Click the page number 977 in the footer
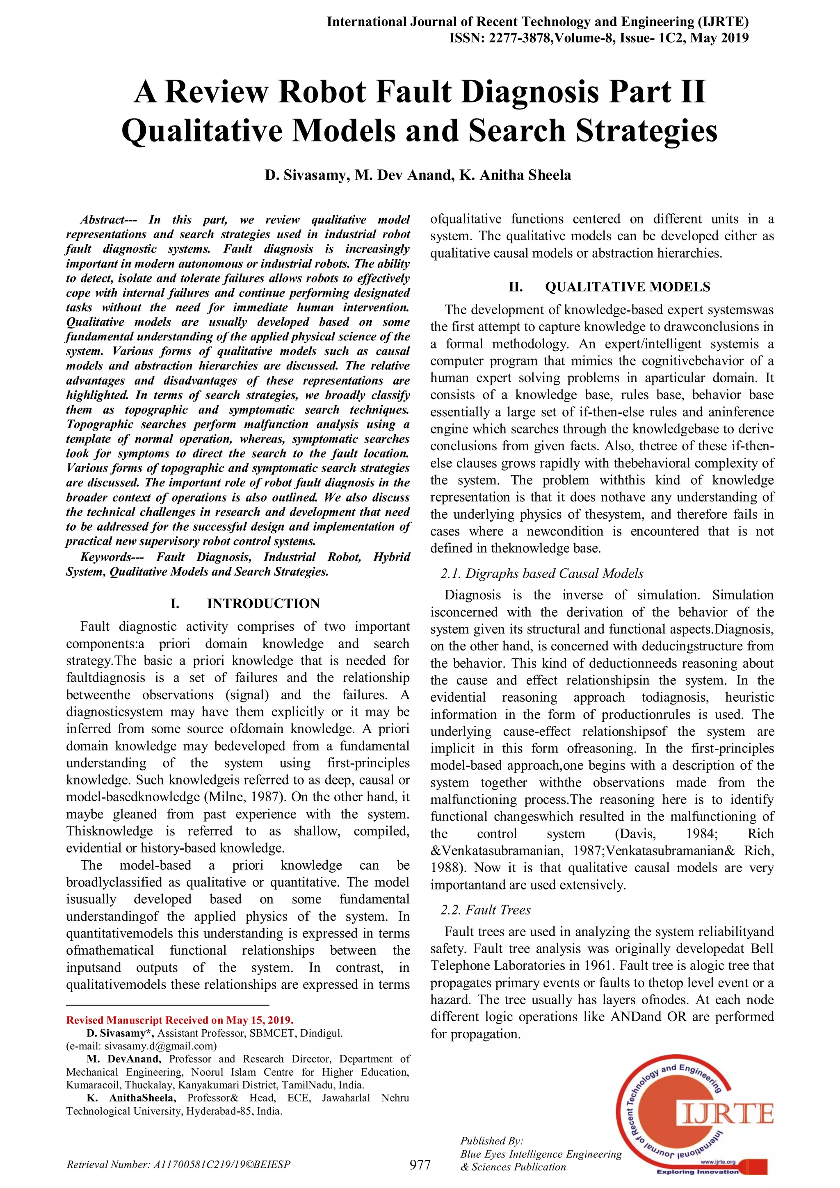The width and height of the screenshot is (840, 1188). (x=420, y=1165)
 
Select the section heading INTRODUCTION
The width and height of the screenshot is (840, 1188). (x=263, y=603)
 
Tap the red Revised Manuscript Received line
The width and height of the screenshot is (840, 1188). (x=180, y=1020)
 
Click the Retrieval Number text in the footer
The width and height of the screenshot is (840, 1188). (x=178, y=1165)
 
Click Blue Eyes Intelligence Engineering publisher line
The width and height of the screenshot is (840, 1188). (x=541, y=1154)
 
